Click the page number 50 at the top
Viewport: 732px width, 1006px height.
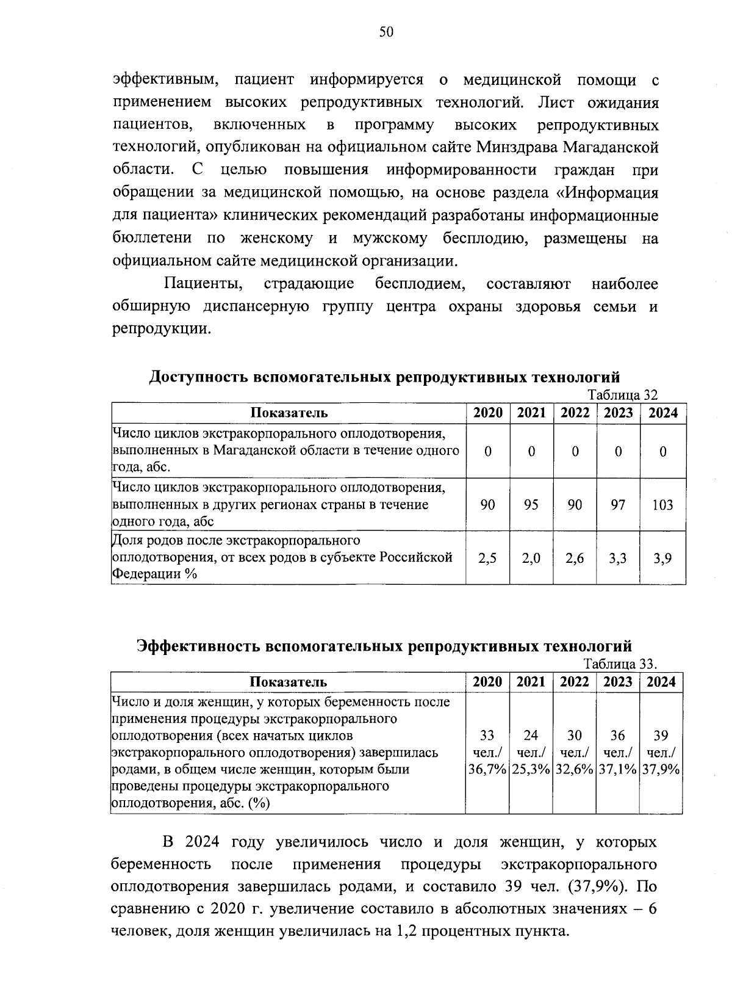coord(386,32)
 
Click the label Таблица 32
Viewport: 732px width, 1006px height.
coord(622,395)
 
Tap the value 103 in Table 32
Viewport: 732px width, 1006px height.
coord(662,505)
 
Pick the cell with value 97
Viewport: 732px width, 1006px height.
coord(618,505)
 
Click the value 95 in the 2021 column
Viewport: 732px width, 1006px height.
coord(531,505)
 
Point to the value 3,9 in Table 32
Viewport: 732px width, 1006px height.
coord(662,558)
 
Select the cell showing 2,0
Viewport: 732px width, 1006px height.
coord(531,558)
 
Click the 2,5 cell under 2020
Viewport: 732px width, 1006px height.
coord(487,558)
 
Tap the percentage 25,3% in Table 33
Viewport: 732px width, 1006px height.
coord(531,770)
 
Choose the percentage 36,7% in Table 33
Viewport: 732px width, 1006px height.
coord(487,770)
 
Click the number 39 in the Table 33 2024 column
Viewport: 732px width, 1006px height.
coord(661,736)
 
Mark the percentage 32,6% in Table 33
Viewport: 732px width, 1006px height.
coord(574,770)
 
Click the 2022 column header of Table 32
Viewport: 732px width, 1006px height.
coord(575,413)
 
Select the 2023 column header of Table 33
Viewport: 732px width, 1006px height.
coord(617,682)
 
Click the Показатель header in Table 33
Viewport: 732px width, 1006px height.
coord(288,682)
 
